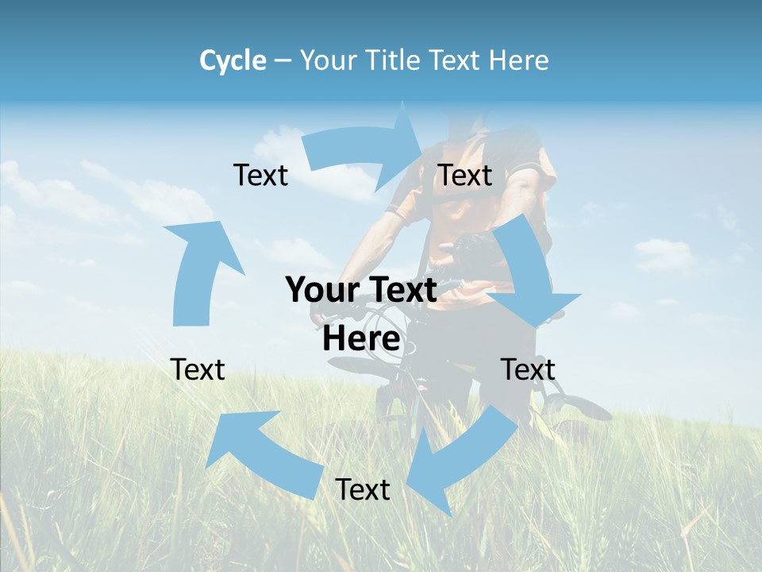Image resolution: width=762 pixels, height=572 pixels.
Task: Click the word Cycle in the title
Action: pyautogui.click(x=233, y=60)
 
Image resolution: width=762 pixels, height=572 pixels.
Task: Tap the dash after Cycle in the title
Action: pyautogui.click(x=283, y=60)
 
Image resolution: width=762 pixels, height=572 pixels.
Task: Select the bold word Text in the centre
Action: pyautogui.click(x=399, y=290)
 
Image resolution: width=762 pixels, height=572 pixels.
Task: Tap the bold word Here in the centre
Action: pyautogui.click(x=361, y=339)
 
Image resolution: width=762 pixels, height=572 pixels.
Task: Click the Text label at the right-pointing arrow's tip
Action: pyautogui.click(x=465, y=175)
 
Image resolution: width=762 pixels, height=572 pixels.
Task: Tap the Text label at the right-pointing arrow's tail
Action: pyautogui.click(x=260, y=175)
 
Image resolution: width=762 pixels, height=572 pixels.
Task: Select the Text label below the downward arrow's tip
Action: pyautogui.click(x=528, y=369)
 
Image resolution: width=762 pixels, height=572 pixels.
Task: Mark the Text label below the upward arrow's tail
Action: pyautogui.click(x=198, y=369)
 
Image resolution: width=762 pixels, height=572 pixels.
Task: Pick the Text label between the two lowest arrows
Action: pyautogui.click(x=363, y=489)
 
